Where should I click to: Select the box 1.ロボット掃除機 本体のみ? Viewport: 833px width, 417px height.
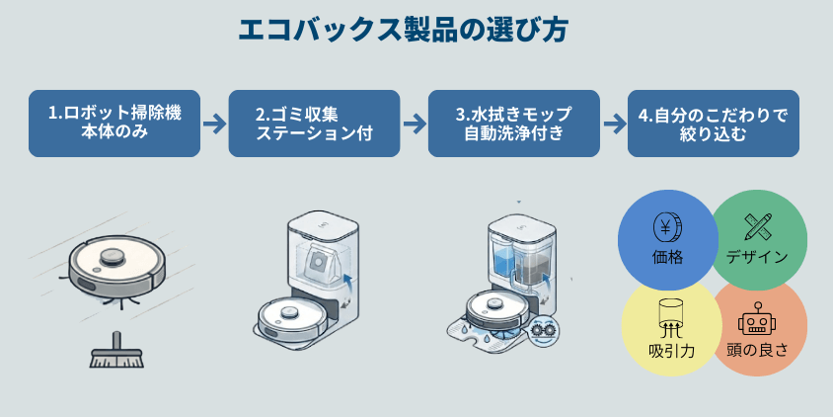pos(114,124)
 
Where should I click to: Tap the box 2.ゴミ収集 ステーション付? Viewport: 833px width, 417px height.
pos(314,124)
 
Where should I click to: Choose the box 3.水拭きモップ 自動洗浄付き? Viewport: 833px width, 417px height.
pos(513,124)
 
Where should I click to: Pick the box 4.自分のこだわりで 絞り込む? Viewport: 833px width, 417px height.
pos(714,124)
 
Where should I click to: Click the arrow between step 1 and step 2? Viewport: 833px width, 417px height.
pos(214,124)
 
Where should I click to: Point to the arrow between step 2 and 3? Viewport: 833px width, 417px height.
pos(414,124)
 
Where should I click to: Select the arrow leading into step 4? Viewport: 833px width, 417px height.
pos(614,124)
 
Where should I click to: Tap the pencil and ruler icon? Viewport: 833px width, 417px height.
pos(758,226)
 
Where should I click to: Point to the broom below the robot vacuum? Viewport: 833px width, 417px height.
pos(115,353)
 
